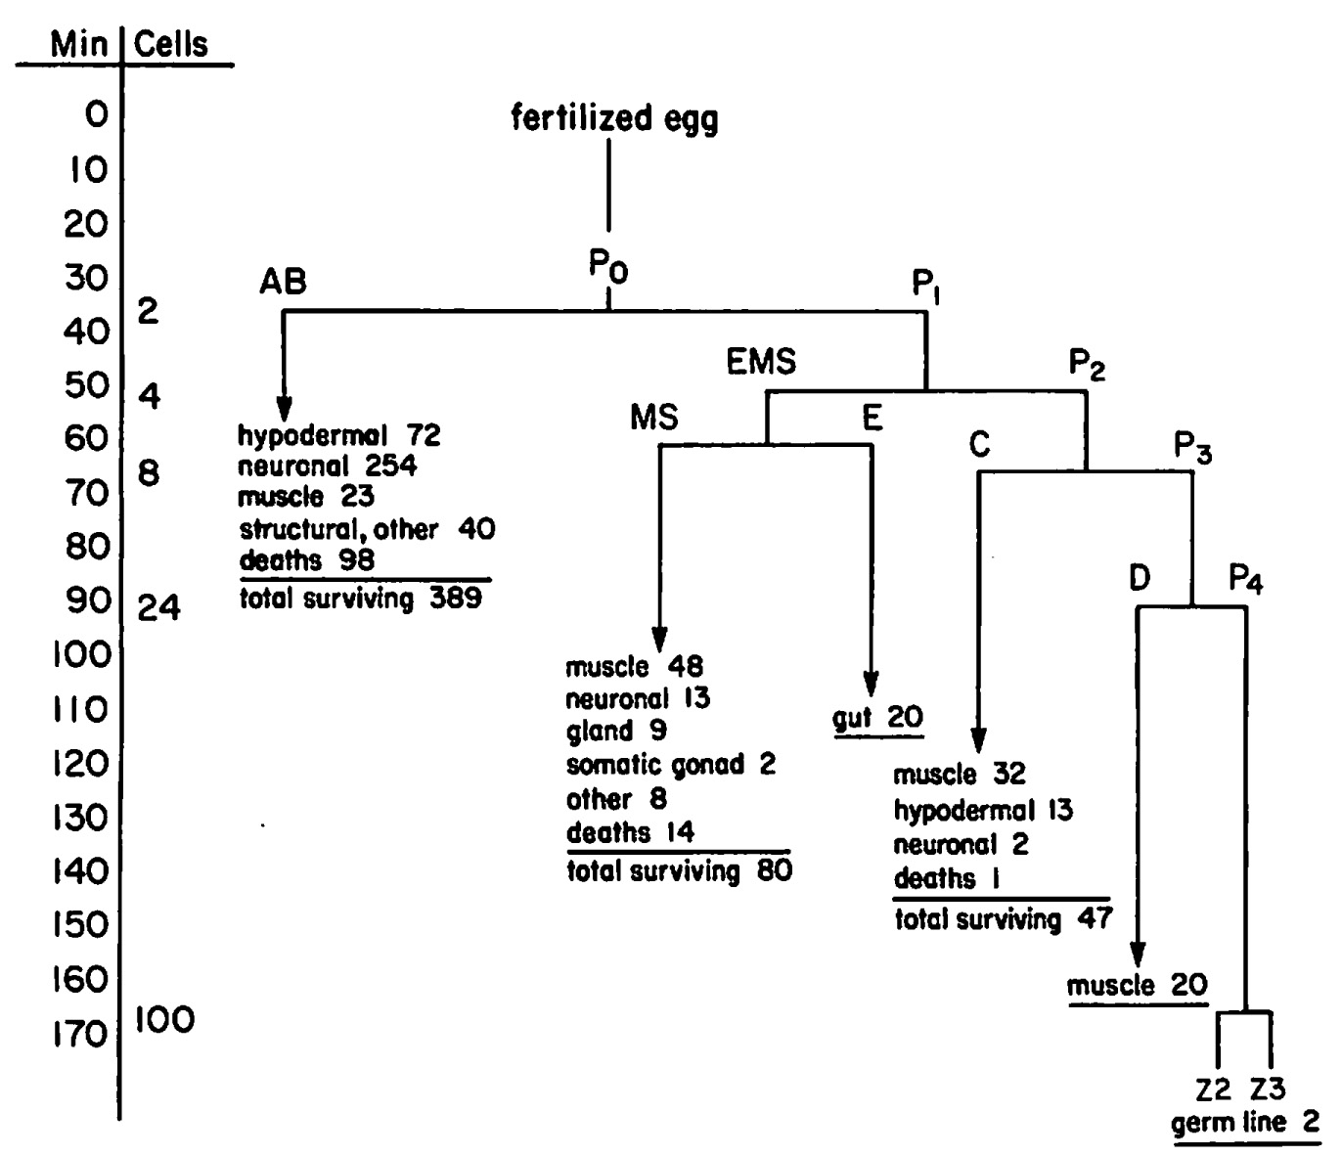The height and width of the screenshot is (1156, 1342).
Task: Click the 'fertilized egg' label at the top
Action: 615,118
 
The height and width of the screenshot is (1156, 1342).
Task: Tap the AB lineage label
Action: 283,282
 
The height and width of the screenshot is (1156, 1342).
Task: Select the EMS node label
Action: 762,362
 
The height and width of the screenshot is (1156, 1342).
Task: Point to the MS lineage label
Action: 654,418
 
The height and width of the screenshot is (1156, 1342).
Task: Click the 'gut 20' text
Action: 877,718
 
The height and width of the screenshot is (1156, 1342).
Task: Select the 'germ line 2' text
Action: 1245,1122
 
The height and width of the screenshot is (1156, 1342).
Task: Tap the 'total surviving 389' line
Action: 361,599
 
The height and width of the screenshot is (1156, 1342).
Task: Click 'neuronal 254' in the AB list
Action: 328,466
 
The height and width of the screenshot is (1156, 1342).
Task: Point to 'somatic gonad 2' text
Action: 670,764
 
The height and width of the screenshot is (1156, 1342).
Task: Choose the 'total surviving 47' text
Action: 1004,919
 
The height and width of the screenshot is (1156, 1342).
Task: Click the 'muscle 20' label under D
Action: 1137,986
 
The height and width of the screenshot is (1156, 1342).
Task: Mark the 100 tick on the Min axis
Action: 81,653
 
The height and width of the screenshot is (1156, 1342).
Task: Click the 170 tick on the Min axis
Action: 81,1033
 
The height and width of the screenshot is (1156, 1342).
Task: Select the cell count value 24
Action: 159,608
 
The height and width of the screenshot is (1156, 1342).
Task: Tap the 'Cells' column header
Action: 171,44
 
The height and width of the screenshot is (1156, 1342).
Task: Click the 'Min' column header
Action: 80,44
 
